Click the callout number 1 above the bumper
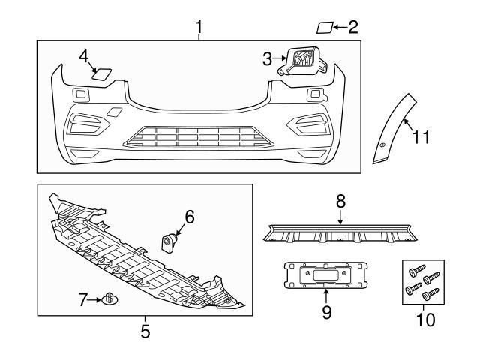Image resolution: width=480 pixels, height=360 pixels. pyautogui.click(x=199, y=28)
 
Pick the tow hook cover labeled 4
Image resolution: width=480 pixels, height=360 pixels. pyautogui.click(x=101, y=73)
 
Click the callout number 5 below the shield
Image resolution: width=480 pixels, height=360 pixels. pyautogui.click(x=145, y=328)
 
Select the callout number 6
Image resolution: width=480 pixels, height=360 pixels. pyautogui.click(x=189, y=217)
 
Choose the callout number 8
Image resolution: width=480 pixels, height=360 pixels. pyautogui.click(x=340, y=201)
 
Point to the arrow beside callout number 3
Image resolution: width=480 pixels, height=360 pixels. pyautogui.click(x=279, y=57)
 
